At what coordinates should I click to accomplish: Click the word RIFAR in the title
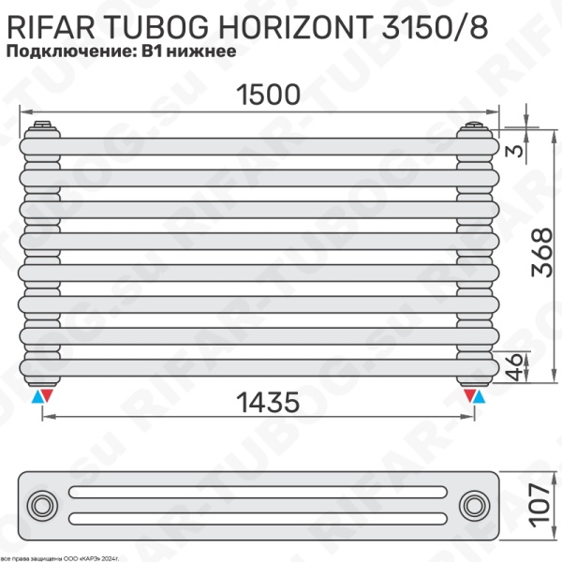pyautogui.click(x=44, y=26)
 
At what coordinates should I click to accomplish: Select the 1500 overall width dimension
pyautogui.click(x=255, y=95)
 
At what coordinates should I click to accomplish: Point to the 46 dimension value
pyautogui.click(x=513, y=365)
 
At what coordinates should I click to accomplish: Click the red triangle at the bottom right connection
pyautogui.click(x=467, y=397)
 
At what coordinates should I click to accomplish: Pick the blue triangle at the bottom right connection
pyautogui.click(x=481, y=397)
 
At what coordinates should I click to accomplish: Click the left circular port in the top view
pyautogui.click(x=42, y=506)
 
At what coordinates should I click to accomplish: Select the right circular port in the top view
pyautogui.click(x=474, y=506)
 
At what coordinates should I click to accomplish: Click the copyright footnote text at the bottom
pyautogui.click(x=74, y=555)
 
